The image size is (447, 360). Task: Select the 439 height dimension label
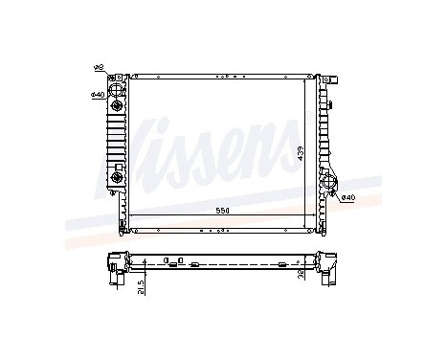coord(301,153)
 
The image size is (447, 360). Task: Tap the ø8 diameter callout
coord(97,68)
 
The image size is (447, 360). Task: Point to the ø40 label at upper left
coord(97,94)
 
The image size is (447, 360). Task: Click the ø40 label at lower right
coord(347,197)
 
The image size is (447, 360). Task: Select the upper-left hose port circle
coord(116,92)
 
